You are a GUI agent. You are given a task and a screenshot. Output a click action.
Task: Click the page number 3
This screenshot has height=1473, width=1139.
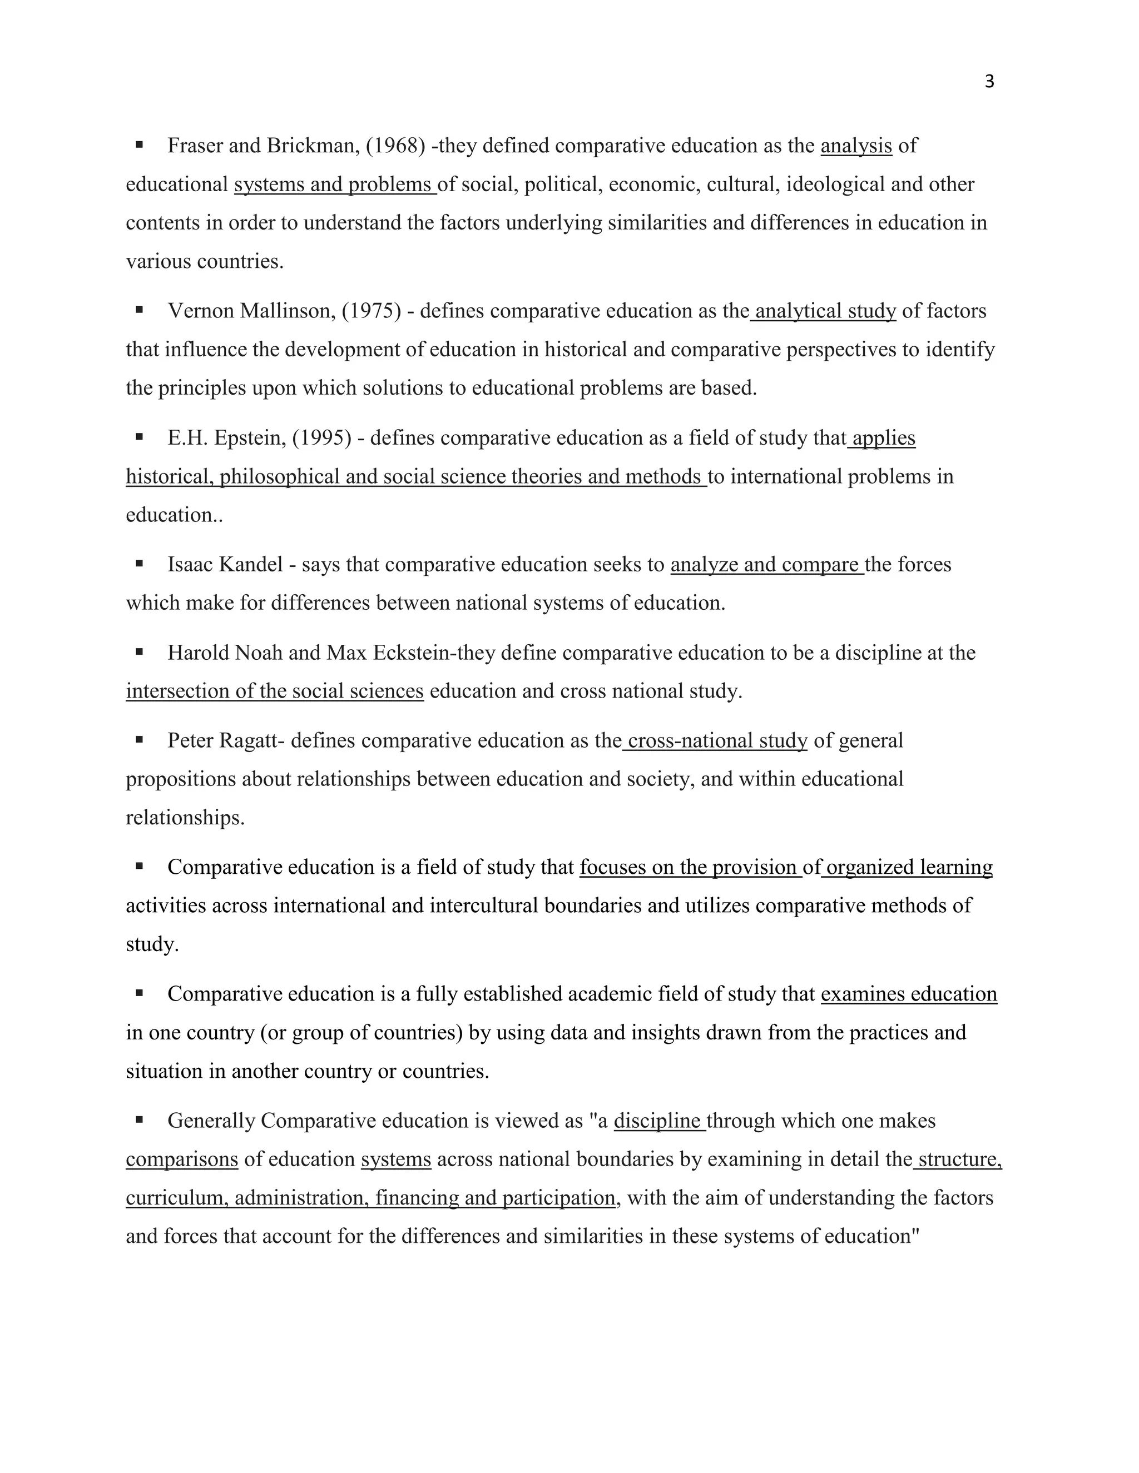tap(989, 82)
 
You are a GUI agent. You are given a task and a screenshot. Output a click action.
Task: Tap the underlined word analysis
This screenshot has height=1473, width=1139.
tap(855, 146)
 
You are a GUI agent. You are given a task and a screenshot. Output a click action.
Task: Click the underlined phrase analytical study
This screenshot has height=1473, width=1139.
tap(825, 311)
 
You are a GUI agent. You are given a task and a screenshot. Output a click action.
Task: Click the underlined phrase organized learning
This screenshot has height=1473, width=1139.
tap(908, 867)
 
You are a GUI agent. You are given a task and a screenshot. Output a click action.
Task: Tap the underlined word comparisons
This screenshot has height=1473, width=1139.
tap(181, 1160)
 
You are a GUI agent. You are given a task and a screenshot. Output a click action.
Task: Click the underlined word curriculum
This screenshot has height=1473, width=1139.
tap(175, 1198)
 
